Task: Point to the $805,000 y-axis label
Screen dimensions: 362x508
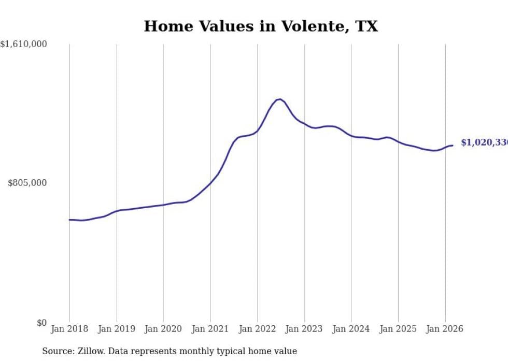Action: [x=27, y=183]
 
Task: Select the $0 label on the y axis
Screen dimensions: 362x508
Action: [x=41, y=323]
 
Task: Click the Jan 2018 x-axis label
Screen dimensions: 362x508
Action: [x=69, y=329]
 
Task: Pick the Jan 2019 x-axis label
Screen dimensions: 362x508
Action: [x=117, y=329]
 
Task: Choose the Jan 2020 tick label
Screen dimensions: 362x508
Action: [x=163, y=329]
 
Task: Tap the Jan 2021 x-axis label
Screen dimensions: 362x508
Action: [x=210, y=329]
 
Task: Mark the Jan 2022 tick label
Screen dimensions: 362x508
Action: [x=257, y=329]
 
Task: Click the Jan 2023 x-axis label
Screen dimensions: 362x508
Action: [x=304, y=329]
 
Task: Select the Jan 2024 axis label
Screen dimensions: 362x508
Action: [x=351, y=329]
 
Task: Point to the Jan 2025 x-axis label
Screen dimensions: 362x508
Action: [x=398, y=329]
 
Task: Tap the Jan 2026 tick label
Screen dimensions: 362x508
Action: [x=445, y=329]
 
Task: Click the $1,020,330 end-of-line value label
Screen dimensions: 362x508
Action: [x=484, y=142]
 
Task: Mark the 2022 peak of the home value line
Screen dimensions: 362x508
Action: [x=279, y=99]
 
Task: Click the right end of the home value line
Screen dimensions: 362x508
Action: [x=453, y=146]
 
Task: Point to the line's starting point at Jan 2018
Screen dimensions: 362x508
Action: [x=69, y=220]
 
